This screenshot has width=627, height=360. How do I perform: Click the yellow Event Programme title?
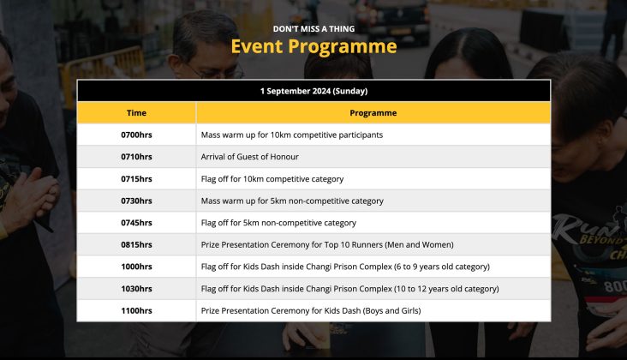[x=313, y=46]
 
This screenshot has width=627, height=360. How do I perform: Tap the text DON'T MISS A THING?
[x=313, y=29]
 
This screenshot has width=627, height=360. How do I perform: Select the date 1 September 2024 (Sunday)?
[x=313, y=91]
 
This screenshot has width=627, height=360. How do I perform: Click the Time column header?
[x=136, y=113]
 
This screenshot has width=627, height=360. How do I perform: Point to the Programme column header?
[x=373, y=113]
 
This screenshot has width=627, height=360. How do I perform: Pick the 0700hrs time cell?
[x=136, y=135]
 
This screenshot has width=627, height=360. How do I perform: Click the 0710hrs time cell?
[x=136, y=157]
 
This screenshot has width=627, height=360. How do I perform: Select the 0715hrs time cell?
[x=136, y=179]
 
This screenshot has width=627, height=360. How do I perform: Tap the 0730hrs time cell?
[x=136, y=201]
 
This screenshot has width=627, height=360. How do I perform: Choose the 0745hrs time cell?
[x=136, y=223]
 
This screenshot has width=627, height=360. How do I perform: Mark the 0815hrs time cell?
[x=136, y=244]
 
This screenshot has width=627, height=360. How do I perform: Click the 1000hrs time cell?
[x=136, y=267]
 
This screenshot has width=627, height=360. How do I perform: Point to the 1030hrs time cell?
[x=136, y=288]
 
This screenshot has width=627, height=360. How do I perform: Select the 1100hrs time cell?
[x=136, y=310]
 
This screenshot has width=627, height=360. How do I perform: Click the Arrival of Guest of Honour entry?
[x=249, y=157]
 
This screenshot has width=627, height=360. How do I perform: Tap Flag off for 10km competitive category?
[x=272, y=179]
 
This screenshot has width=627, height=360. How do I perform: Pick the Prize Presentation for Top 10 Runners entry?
[x=327, y=244]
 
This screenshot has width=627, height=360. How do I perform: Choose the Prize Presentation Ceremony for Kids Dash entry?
[x=311, y=310]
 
